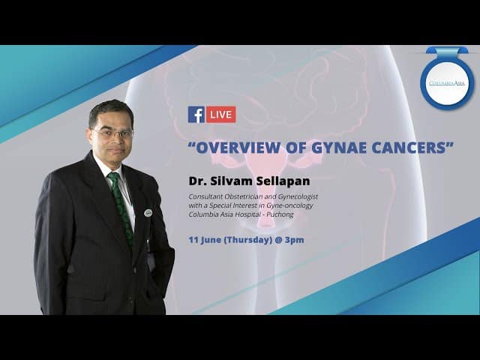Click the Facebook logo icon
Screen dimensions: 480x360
coord(196,115)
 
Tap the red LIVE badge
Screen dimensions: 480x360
coord(221,115)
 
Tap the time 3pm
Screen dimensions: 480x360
coord(295,240)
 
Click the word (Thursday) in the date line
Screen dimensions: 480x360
coord(248,240)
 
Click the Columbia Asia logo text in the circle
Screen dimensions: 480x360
coord(447,83)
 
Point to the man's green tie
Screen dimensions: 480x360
coord(121,208)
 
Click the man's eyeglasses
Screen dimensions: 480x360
coord(112,133)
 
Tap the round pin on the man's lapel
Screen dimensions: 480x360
coord(148,213)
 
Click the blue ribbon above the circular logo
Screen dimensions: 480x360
coord(447,50)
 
